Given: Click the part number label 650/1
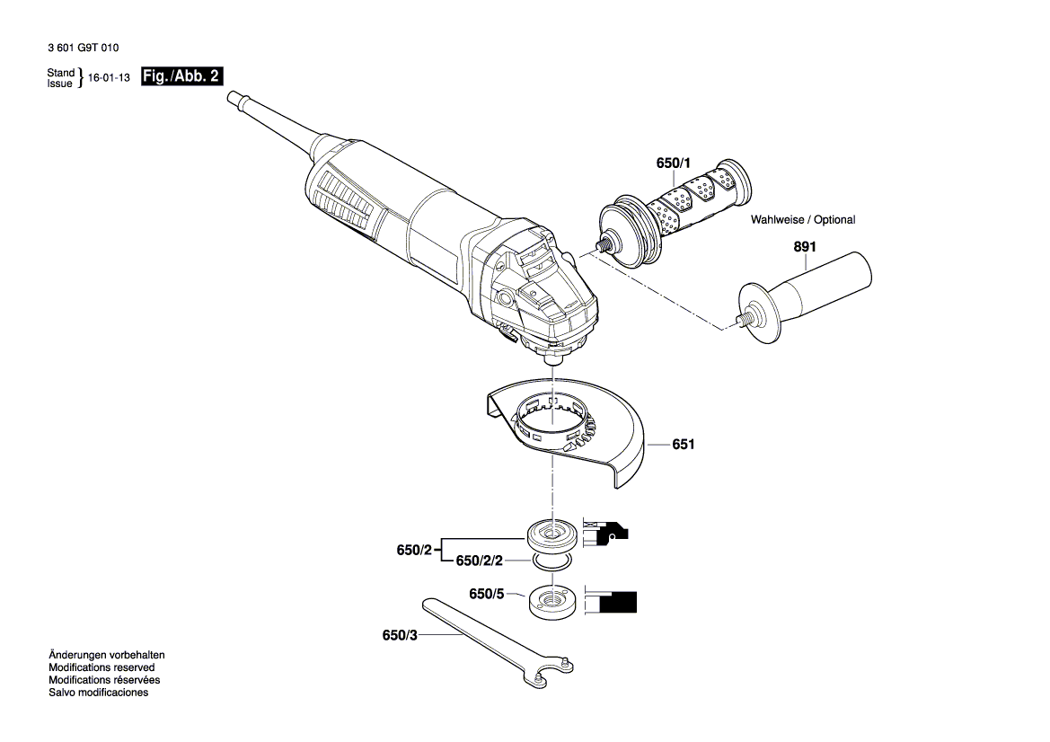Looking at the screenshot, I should click(x=674, y=163).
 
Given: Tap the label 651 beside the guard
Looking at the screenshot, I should click(x=684, y=445).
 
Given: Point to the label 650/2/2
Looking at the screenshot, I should click(x=480, y=561).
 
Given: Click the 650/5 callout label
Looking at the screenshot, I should click(x=487, y=594).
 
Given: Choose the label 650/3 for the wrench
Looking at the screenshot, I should click(x=400, y=635).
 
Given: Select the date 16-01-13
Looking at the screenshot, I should click(x=109, y=78).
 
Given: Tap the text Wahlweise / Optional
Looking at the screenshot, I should click(x=802, y=219).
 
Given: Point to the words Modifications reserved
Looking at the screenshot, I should click(x=101, y=667).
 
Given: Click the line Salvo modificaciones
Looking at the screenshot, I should click(x=98, y=693).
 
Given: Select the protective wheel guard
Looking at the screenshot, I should click(x=575, y=431).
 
